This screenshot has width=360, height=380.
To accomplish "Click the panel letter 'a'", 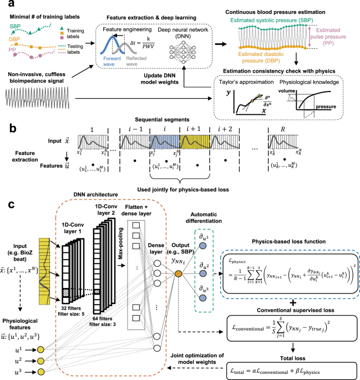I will coord(5,5).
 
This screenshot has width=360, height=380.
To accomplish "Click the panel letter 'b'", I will coord(5,118).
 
